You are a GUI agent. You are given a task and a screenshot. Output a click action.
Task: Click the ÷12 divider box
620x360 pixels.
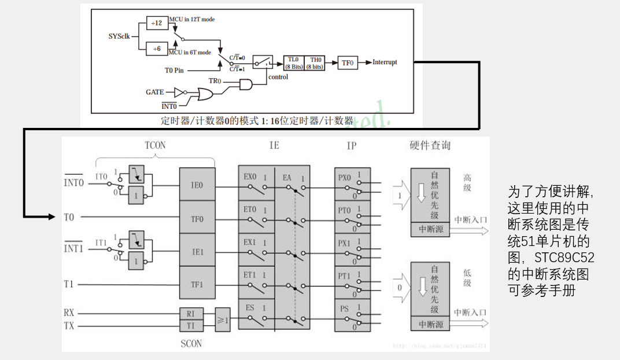[156, 23]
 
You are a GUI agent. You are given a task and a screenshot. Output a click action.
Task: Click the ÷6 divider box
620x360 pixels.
[157, 49]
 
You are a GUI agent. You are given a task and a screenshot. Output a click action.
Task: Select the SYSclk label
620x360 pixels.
[120, 36]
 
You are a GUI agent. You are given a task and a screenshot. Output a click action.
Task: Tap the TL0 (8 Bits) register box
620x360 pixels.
[294, 63]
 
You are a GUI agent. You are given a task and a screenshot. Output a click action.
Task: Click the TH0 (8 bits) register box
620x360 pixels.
[315, 63]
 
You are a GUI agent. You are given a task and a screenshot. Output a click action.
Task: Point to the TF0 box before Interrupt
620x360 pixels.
[348, 63]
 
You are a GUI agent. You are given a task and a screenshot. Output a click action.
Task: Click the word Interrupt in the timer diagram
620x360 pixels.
[385, 63]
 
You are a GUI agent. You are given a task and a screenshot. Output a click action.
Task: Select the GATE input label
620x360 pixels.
[155, 92]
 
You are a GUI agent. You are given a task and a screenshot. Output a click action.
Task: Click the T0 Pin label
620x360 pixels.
[175, 70]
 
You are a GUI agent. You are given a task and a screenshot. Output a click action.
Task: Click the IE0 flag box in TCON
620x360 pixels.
[197, 185]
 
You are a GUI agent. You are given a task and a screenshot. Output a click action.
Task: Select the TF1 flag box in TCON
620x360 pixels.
[197, 284]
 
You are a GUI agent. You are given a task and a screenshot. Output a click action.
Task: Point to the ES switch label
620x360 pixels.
[249, 308]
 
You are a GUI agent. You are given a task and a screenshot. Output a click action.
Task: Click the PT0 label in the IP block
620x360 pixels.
[344, 210]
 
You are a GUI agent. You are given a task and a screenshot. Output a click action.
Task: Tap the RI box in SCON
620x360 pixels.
[191, 314]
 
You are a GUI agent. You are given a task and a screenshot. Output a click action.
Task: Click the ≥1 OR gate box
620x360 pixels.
[223, 319]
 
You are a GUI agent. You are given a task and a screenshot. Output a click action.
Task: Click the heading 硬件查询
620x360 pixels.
[430, 145]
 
